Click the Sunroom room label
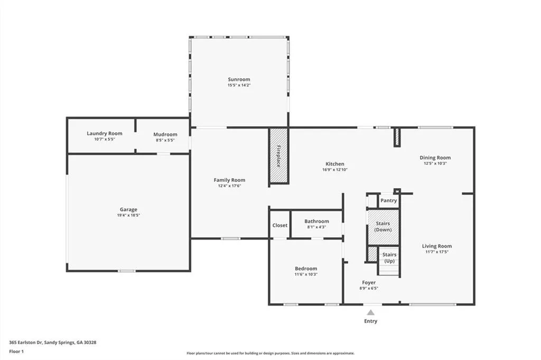[x=239, y=79]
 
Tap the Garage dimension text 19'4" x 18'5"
[x=128, y=215]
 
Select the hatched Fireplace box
[x=278, y=156]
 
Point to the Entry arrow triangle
[x=371, y=312]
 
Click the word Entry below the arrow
[x=371, y=321]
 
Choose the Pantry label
[x=389, y=200]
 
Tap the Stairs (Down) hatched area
[x=383, y=227]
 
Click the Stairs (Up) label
[x=389, y=258]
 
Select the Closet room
[x=280, y=225]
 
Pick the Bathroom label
[x=316, y=221]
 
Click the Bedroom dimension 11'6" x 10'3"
[x=306, y=274]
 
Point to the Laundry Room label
[x=105, y=134]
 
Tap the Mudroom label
[x=165, y=134]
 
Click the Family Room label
[x=229, y=180]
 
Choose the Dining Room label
[x=435, y=158]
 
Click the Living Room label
[x=437, y=246]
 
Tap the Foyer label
[x=369, y=282]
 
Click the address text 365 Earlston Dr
[x=32, y=342]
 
